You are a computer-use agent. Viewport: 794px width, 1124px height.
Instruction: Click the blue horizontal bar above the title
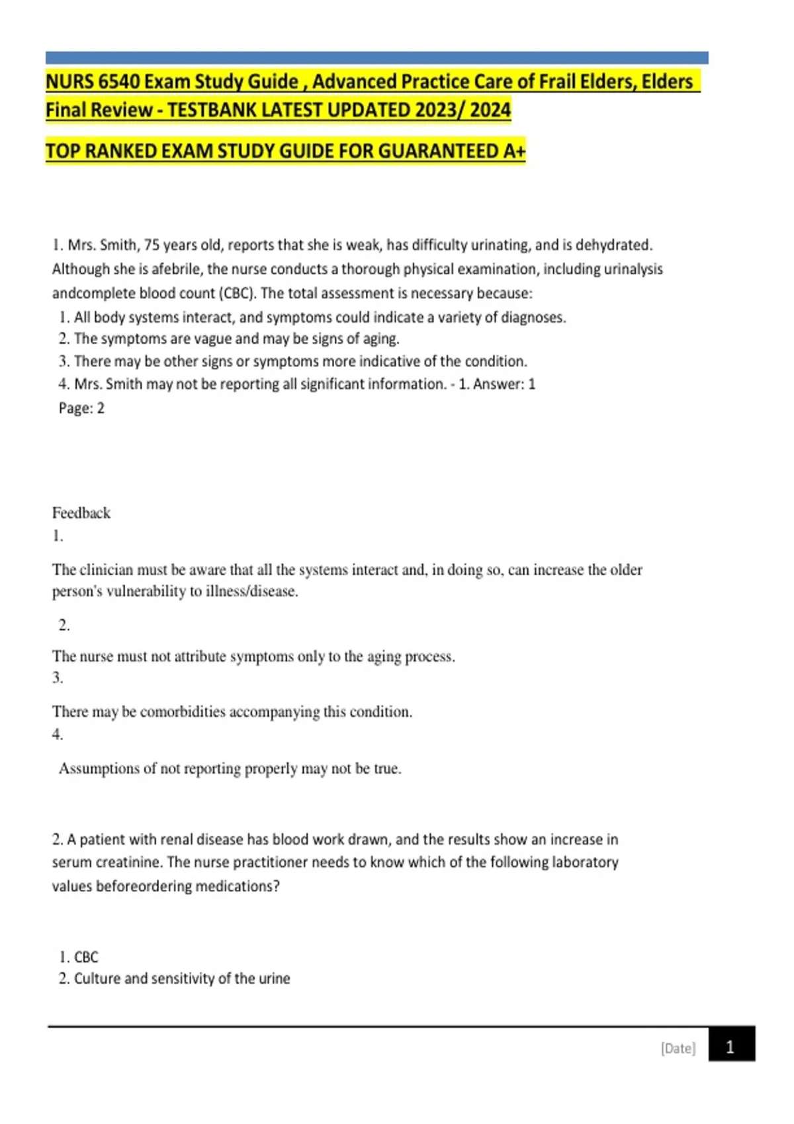[x=376, y=58]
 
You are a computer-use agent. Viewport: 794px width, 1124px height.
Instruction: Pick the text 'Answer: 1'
[x=504, y=384]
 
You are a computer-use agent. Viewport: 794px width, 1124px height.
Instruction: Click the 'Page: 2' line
[x=81, y=408]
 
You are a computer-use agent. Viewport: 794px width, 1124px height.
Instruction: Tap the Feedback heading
[x=81, y=513]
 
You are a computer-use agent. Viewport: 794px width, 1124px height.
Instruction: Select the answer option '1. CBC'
[x=79, y=957]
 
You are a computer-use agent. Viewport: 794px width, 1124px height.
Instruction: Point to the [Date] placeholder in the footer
[x=678, y=1048]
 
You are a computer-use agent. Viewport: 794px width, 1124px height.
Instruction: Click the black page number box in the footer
[x=731, y=1045]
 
